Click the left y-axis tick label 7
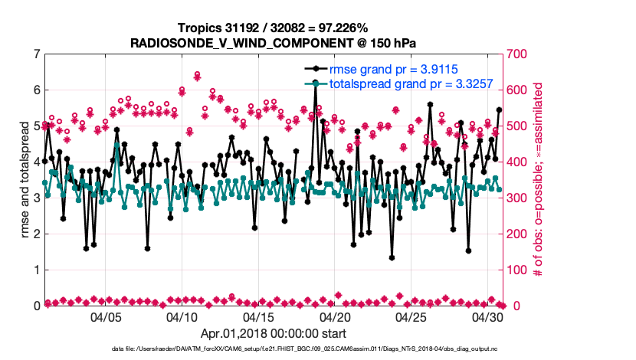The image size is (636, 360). (36, 54)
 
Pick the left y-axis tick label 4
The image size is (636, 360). (36, 162)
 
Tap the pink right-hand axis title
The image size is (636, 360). (538, 180)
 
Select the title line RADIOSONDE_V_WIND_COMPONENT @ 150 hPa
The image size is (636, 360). (274, 41)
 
